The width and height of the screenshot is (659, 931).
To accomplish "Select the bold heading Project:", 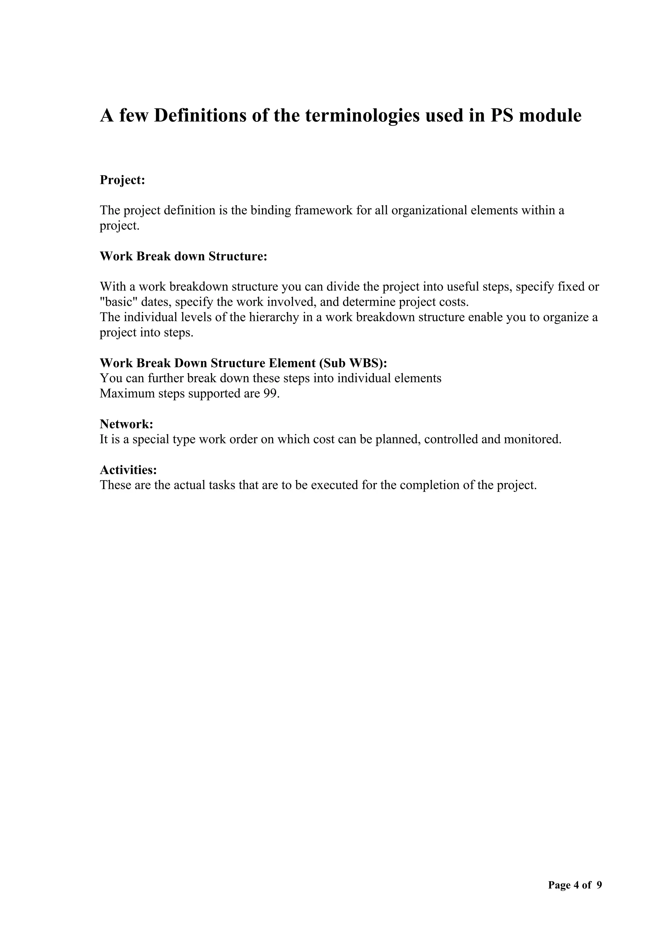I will [122, 180].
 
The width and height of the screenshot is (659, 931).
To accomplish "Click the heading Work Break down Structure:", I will [183, 256].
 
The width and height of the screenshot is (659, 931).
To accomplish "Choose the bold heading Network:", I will [126, 424].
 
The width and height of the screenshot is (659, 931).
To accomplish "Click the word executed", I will [334, 485].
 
